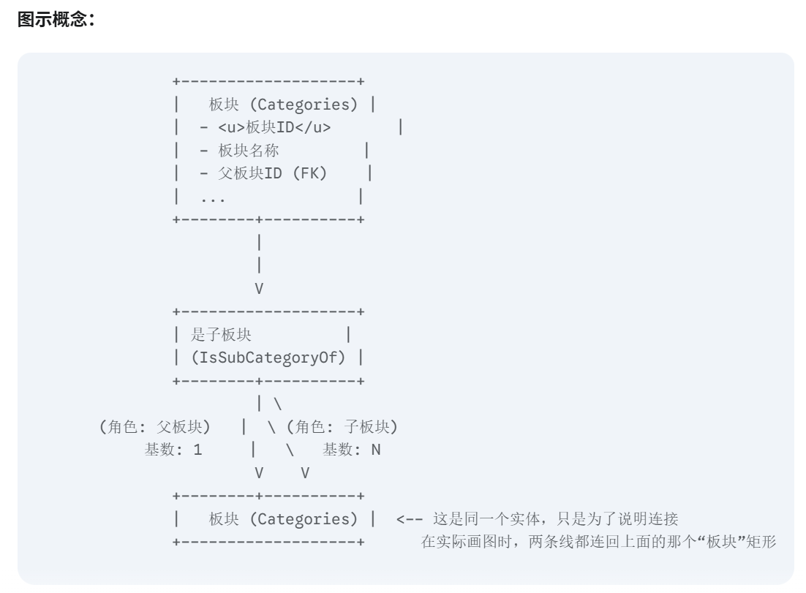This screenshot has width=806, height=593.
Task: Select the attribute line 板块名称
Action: [248, 151]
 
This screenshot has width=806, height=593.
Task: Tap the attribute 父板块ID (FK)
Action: [273, 173]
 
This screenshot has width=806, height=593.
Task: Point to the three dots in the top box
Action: [213, 197]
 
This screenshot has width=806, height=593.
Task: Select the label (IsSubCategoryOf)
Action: [268, 358]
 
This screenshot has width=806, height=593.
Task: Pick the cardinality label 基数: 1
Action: [173, 450]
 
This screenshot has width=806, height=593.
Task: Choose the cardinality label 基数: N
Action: [352, 450]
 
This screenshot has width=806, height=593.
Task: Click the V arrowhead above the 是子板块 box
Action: [259, 289]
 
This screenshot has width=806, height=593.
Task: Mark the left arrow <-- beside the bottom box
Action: [409, 520]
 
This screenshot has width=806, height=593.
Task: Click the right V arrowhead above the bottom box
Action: [305, 473]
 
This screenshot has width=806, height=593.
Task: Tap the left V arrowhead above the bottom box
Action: [259, 473]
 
